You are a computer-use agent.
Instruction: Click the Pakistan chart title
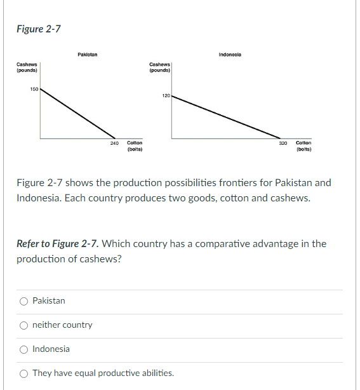[87, 55]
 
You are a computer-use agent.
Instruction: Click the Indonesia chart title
[230, 55]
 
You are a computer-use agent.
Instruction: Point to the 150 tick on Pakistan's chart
[34, 89]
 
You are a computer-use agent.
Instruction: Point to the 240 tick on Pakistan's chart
[115, 144]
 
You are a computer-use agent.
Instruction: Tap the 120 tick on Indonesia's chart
[166, 96]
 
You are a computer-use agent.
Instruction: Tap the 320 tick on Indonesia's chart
[283, 144]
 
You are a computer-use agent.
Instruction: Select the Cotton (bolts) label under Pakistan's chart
[134, 147]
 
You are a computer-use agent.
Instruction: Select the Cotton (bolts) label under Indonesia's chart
[303, 147]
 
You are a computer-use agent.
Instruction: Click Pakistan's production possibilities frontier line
[78, 114]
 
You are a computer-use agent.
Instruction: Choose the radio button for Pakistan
[23, 300]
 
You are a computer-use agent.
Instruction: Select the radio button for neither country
[23, 325]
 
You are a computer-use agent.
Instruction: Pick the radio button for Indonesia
[23, 349]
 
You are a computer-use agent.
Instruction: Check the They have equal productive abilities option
[23, 373]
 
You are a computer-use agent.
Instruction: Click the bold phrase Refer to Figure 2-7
[57, 243]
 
